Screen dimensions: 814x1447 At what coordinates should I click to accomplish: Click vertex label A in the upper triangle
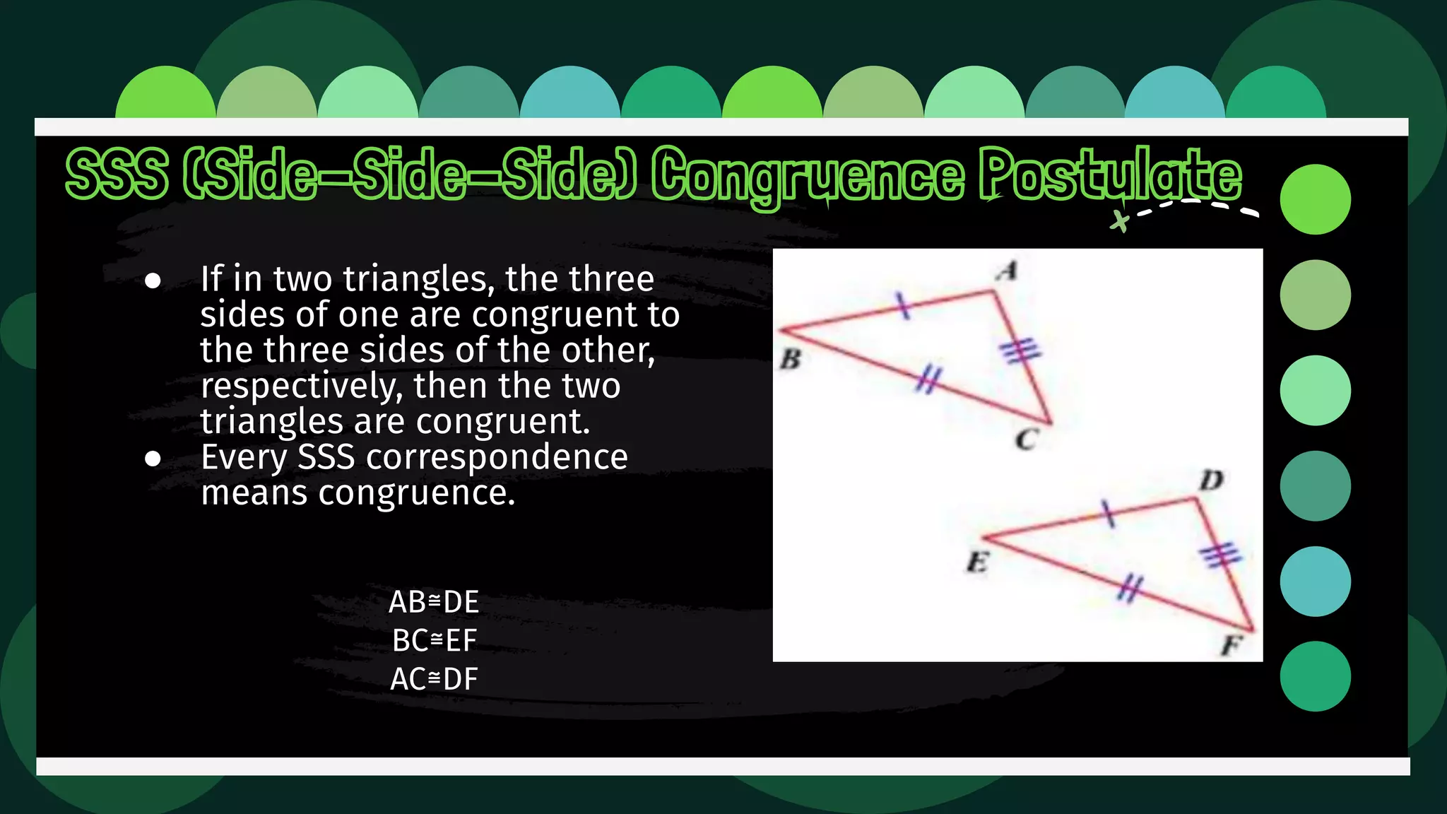click(1008, 271)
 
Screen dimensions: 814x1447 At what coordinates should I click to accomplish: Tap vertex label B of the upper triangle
click(790, 360)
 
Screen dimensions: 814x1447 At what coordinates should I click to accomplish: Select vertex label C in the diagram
click(1026, 440)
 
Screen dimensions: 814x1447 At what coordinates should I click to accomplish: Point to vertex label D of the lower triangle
click(1212, 480)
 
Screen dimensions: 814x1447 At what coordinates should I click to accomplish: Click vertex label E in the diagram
click(977, 563)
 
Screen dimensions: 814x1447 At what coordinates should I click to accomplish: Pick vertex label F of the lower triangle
click(1232, 645)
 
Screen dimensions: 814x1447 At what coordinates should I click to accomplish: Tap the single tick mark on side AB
click(902, 305)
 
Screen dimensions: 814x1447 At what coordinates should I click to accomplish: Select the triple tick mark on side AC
click(1021, 350)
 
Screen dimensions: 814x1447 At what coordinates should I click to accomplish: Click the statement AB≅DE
click(434, 602)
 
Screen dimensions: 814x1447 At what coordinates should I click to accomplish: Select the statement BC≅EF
click(434, 640)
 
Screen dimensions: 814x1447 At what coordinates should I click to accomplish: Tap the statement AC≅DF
click(434, 678)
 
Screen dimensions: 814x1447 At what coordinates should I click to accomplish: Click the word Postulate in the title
click(1110, 175)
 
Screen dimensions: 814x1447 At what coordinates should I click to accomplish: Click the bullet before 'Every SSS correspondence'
click(153, 459)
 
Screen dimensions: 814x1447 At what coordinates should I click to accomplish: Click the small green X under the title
click(1119, 221)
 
